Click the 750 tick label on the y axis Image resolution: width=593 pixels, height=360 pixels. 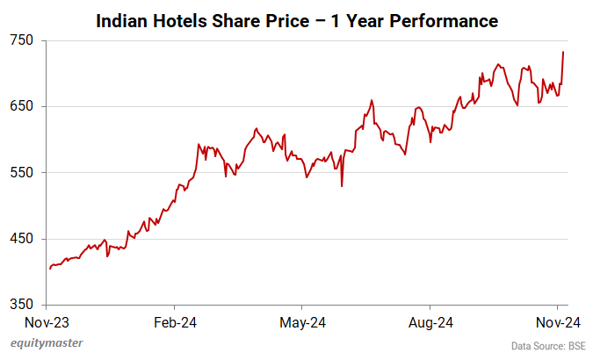point(22,40)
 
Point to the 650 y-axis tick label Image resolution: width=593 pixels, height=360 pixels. point(22,106)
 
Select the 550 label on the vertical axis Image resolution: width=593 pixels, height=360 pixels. point(22,173)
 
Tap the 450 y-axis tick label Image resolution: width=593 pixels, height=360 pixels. point(22,239)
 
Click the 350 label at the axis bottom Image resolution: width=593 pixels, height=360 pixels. point(22,305)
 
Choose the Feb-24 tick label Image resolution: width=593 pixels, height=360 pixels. point(175,322)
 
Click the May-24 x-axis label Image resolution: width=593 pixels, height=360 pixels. point(302,322)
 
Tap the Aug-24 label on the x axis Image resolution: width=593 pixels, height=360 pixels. point(431,322)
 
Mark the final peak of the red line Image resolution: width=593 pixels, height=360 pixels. point(563,53)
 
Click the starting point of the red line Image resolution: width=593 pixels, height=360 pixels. point(50,269)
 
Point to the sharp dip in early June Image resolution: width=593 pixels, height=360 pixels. point(341,185)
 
